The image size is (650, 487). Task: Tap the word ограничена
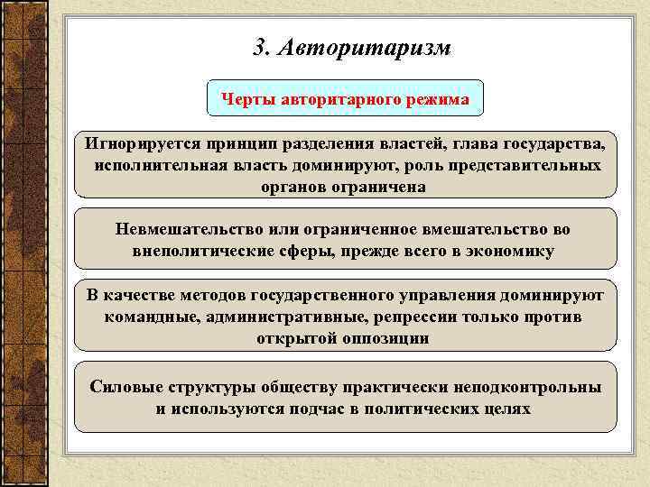click(x=378, y=188)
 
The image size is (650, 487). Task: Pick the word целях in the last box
click(x=508, y=409)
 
